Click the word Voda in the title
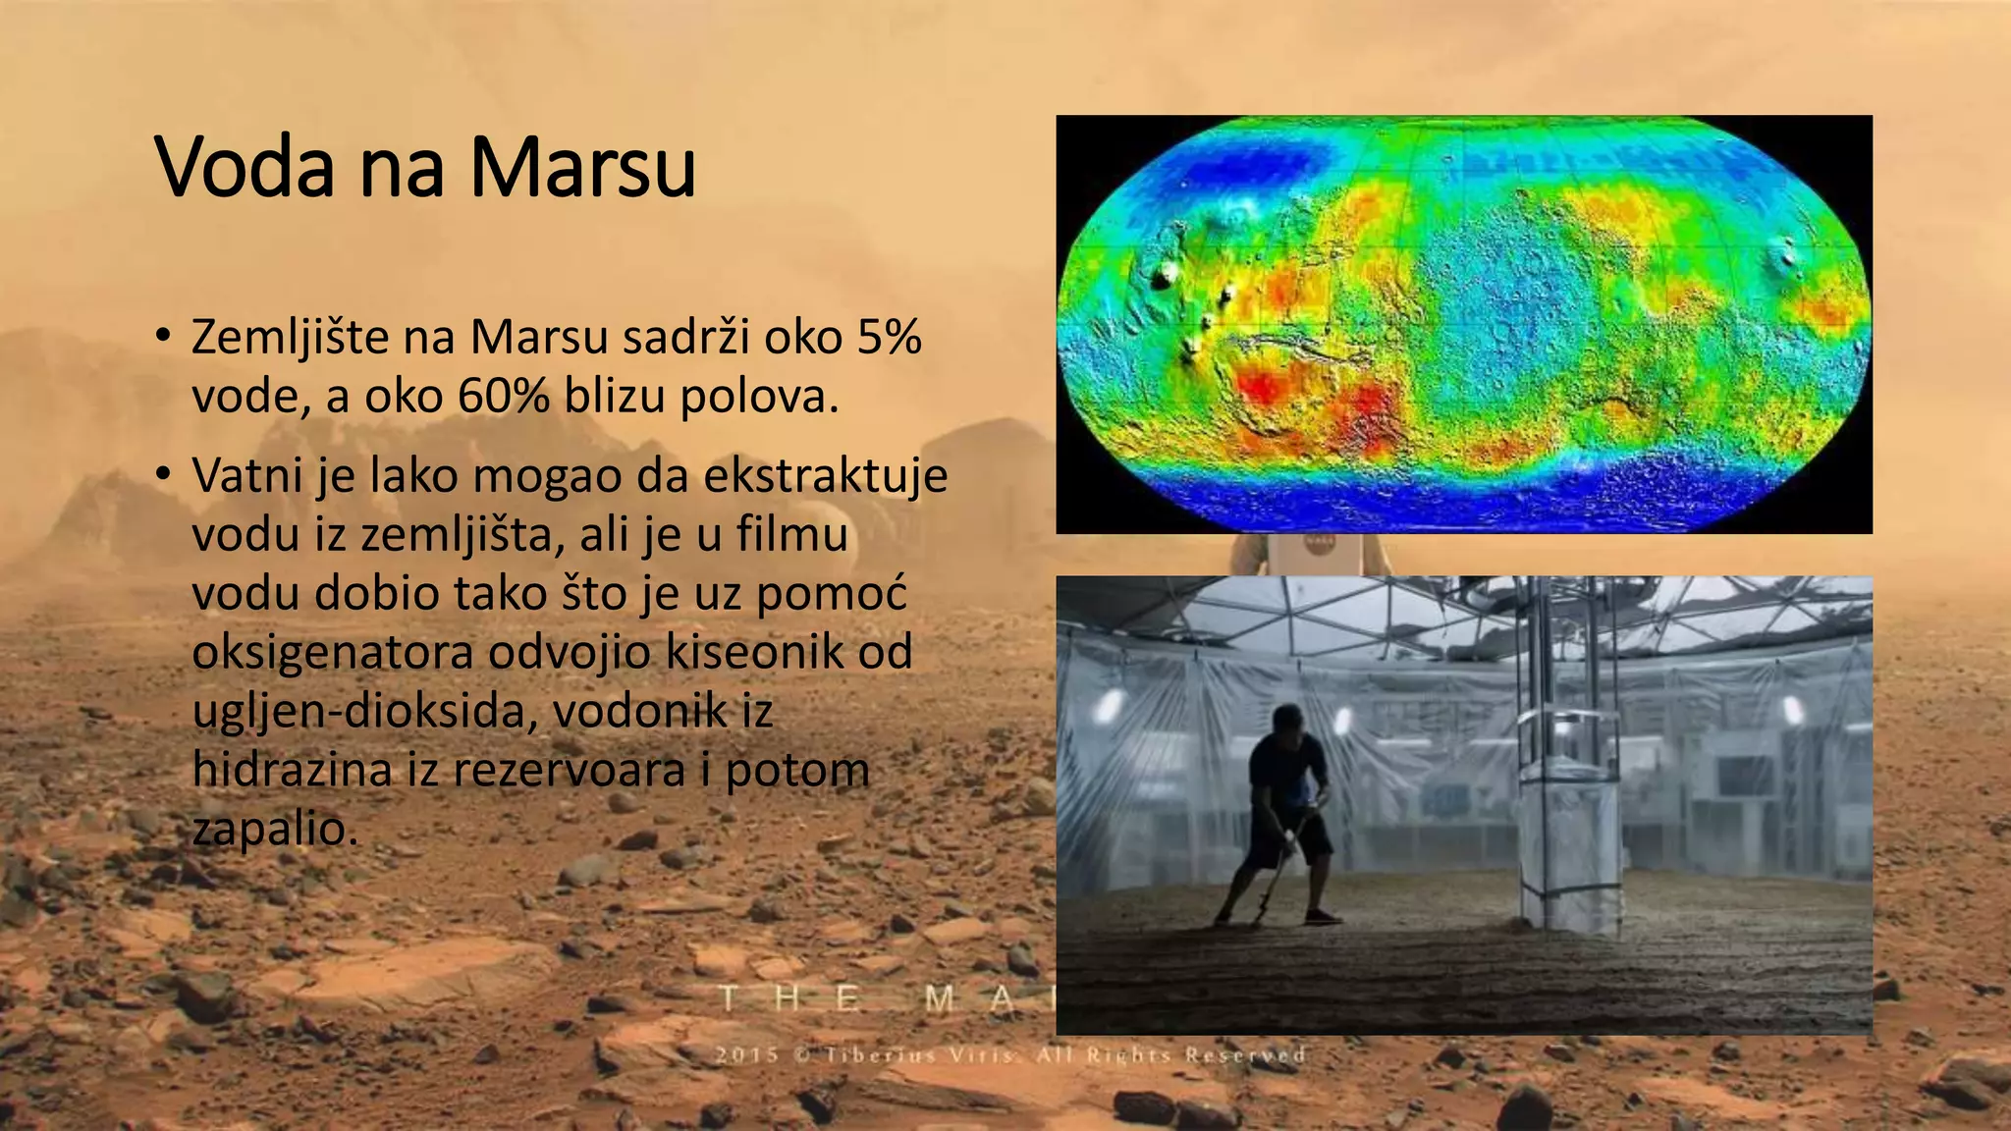245,167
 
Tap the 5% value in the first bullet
889,337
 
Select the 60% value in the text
503,397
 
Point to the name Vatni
246,476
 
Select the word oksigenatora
332,653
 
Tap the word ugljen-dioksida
363,711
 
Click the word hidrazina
292,769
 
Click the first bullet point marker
164,336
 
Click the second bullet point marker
164,474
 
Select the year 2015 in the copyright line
747,1055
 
